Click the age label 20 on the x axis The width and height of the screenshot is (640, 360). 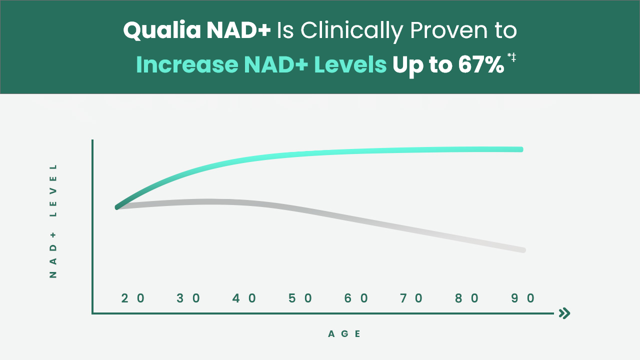133,298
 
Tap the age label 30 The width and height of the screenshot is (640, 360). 189,298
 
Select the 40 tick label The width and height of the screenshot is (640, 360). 245,298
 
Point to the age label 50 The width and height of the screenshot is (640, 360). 301,298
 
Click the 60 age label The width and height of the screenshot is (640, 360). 357,298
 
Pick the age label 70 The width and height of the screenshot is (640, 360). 412,298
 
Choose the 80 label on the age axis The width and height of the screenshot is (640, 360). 468,298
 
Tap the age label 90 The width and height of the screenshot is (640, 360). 523,298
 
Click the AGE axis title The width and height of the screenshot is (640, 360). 344,334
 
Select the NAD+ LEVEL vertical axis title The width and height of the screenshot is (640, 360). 53,220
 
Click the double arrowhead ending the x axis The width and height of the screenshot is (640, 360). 564,313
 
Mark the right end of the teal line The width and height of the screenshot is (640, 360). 521,149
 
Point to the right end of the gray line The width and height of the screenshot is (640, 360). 523,250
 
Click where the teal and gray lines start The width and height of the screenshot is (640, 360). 117,207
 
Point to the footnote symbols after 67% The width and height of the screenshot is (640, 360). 511,57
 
